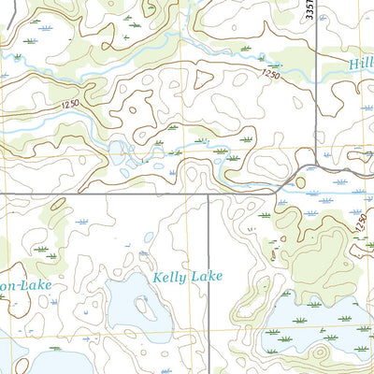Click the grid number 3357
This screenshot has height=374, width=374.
308,12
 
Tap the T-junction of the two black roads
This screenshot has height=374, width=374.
207,194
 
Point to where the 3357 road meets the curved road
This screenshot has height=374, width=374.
315,165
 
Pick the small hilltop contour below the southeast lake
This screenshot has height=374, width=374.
318,355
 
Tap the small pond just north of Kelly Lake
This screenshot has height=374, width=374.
144,252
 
